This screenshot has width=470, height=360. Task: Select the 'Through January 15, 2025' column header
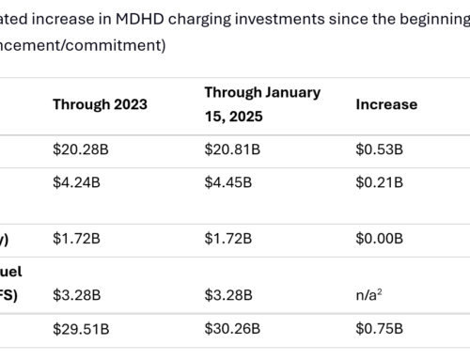tap(262, 103)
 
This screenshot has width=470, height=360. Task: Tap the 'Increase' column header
tap(385, 104)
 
